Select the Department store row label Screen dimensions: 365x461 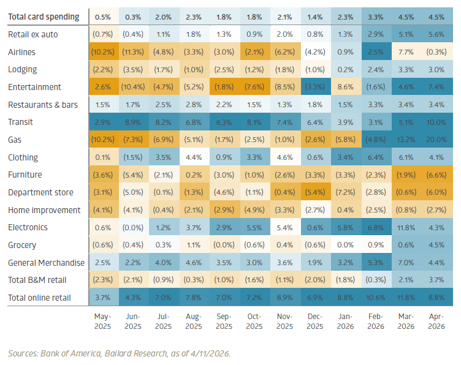click(41, 192)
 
